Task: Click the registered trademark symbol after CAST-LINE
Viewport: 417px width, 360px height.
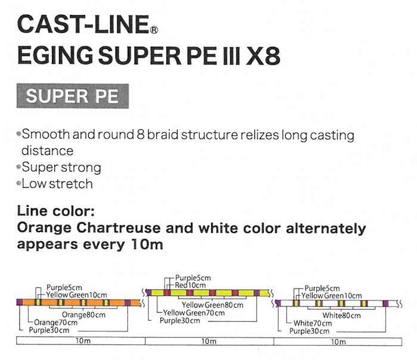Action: coord(154,30)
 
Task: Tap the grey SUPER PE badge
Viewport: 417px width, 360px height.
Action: coord(73,96)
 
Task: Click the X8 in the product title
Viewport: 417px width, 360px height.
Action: coord(263,55)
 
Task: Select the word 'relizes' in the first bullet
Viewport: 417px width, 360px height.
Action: coord(260,135)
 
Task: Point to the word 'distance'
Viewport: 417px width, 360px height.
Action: coord(47,151)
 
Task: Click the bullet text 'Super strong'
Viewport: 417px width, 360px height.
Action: coord(61,168)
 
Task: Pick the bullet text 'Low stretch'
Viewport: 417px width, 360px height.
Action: coord(57,184)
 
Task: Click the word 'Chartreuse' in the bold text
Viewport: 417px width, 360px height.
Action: coord(119,228)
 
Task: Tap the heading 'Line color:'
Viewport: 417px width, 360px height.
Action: coord(56,211)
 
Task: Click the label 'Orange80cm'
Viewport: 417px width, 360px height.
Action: coord(83,315)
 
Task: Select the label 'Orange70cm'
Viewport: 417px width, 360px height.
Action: coord(56,323)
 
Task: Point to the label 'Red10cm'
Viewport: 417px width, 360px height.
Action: coord(190,286)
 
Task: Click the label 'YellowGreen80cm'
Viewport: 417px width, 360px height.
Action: coord(213,305)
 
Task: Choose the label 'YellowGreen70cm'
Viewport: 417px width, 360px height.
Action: coord(194,313)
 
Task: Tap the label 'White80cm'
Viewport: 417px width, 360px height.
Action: coord(341,315)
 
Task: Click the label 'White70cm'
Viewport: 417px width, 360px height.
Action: coord(313,323)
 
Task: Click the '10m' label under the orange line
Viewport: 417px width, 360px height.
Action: coord(83,341)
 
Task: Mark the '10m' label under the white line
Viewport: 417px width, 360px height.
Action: coord(338,342)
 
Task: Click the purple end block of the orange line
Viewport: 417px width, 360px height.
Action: coord(20,302)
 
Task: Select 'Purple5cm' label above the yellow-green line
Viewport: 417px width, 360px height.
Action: coord(193,278)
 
